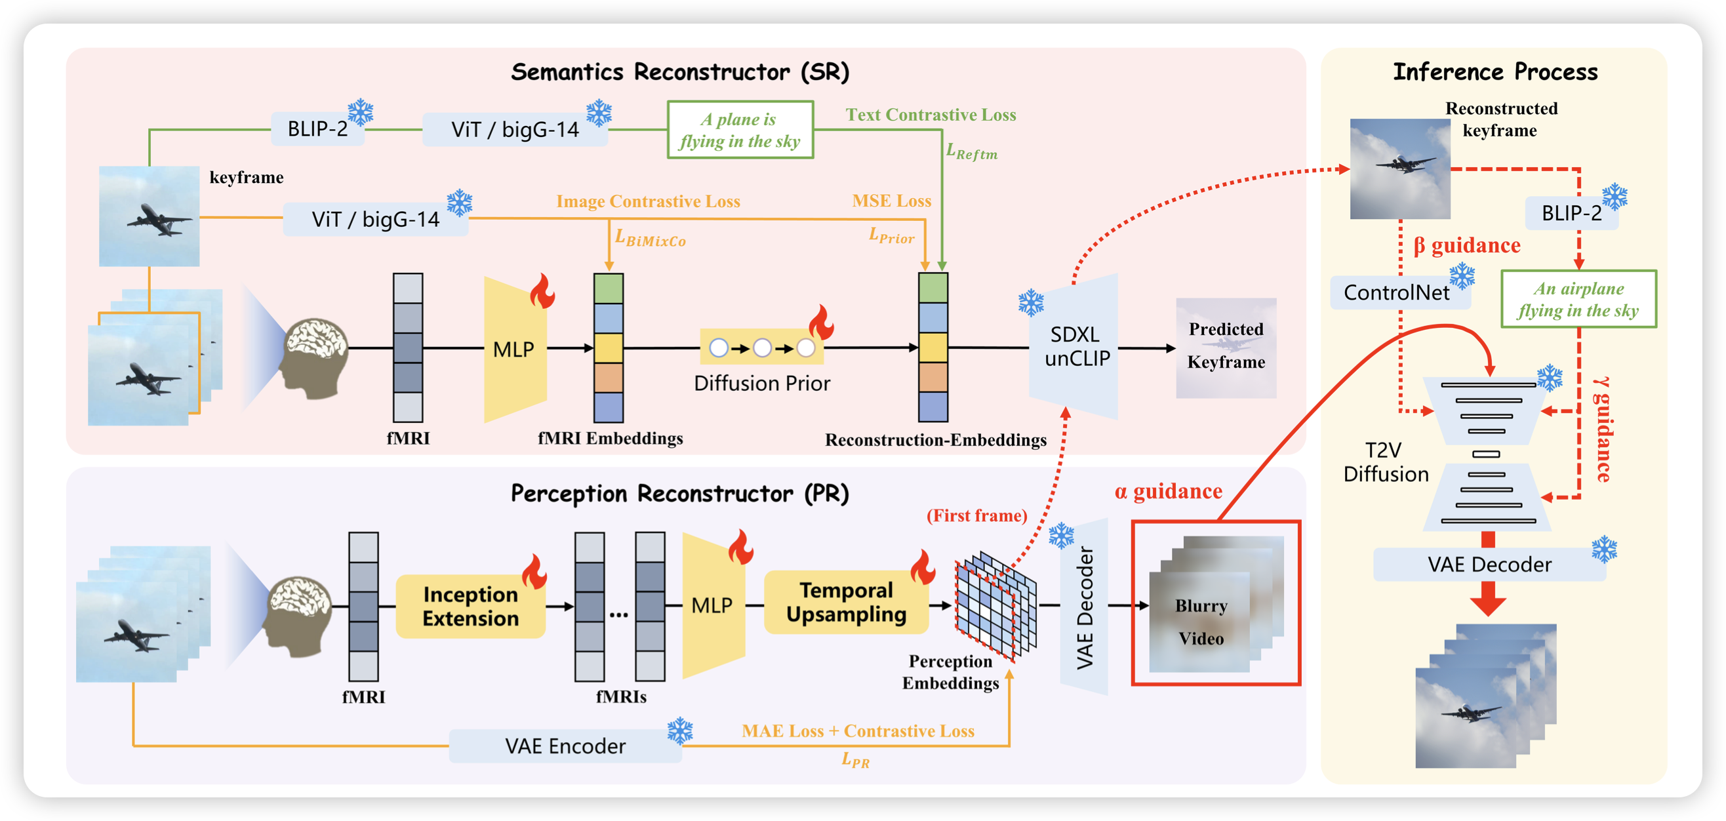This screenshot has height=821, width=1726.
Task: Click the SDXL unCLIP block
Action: point(1075,346)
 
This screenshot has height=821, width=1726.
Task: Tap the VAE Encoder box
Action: point(565,746)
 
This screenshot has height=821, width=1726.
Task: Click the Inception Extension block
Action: point(470,607)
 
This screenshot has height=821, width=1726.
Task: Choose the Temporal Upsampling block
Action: point(845,602)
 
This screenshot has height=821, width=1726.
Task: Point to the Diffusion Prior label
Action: point(762,384)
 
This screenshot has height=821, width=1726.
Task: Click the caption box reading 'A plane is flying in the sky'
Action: point(740,130)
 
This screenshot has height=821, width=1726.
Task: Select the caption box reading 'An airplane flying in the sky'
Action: point(1578,299)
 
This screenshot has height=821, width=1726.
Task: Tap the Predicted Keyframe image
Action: point(1226,347)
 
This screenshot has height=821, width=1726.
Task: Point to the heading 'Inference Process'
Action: point(1495,71)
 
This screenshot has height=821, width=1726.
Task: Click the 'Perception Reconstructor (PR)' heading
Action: point(679,494)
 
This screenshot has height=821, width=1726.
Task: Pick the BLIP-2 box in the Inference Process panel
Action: point(1571,213)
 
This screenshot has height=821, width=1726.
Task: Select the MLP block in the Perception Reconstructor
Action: point(712,605)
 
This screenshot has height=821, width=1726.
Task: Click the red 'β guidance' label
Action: point(1466,245)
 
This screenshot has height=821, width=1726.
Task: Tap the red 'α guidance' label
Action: point(1168,491)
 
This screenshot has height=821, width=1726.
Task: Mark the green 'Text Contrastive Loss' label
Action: point(930,115)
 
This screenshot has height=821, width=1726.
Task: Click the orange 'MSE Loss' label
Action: point(891,201)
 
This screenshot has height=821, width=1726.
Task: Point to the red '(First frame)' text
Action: point(976,515)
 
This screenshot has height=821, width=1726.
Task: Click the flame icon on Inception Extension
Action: point(534,571)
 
